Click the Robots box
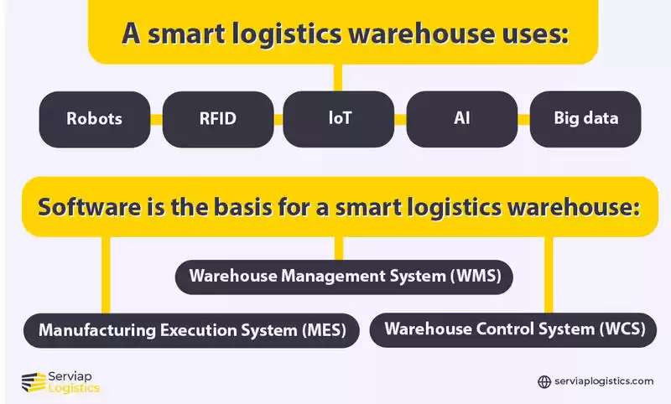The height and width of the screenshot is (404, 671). [x=95, y=118]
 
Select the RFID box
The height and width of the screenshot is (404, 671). [x=217, y=118]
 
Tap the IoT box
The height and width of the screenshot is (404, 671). [x=340, y=118]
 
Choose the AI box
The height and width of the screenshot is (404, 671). [x=461, y=118]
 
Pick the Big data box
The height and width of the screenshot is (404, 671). [x=585, y=118]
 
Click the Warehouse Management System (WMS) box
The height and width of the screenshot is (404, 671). [x=344, y=277]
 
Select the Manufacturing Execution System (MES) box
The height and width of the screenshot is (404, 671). [x=192, y=329]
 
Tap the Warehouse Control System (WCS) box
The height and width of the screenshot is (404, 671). [x=514, y=329]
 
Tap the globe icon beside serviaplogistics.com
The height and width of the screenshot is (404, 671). [x=544, y=382]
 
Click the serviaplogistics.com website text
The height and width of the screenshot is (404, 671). [x=604, y=382]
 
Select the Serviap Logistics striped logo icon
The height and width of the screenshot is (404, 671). [x=33, y=382]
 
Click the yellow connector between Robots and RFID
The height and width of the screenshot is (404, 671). [x=156, y=119]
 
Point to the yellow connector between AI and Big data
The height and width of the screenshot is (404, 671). [x=523, y=119]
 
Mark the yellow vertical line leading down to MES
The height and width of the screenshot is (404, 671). [x=106, y=272]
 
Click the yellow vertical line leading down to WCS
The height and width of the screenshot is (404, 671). [x=549, y=272]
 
